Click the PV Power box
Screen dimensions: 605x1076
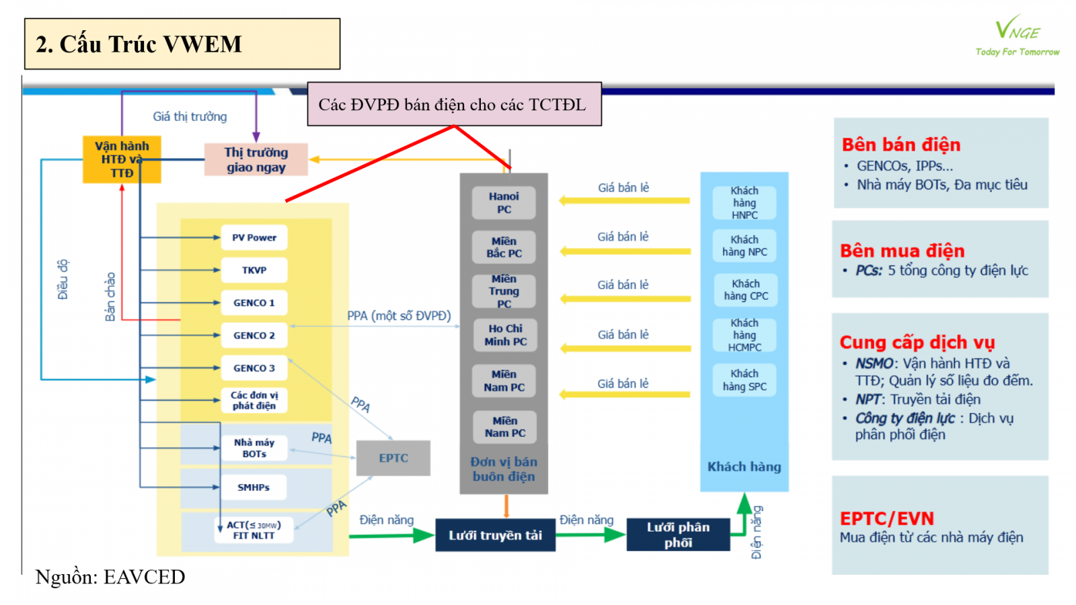pos(254,237)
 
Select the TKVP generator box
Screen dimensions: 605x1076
pos(254,270)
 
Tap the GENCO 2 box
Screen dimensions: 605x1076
pos(254,335)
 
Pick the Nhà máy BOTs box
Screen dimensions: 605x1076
pos(254,448)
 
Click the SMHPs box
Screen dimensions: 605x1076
pos(254,487)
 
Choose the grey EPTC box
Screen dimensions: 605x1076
pos(393,458)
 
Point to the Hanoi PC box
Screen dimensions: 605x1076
pos(504,203)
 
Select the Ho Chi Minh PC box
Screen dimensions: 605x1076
pos(505,335)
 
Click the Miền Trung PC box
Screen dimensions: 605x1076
pos(504,291)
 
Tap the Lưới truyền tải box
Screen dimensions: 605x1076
pos(495,535)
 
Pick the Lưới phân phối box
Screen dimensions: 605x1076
pos(678,535)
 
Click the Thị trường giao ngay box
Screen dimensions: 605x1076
pos(256,160)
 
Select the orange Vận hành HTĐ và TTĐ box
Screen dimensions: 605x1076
pos(122,159)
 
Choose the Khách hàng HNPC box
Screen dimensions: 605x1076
pos(744,203)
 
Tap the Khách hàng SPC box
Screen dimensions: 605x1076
pos(744,380)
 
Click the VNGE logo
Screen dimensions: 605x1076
pos(1017,36)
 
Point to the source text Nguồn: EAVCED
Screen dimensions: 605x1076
pos(110,577)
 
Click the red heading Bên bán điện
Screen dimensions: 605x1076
pos(901,145)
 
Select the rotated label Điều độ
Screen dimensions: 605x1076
pos(63,279)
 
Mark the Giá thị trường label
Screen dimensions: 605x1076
pos(190,117)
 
